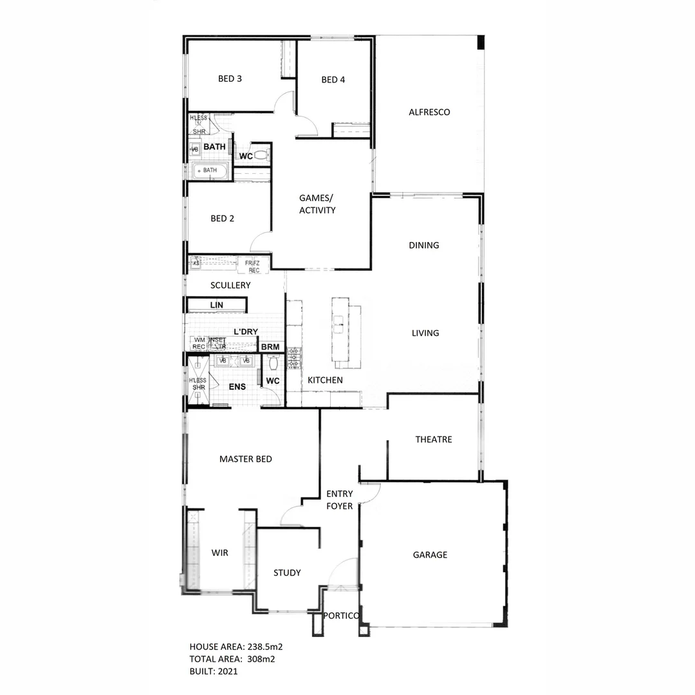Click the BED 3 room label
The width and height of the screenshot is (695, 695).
tap(230, 79)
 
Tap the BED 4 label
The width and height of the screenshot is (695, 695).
tap(333, 80)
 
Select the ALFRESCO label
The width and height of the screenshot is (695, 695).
tap(429, 112)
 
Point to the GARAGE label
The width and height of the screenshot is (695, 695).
tap(430, 555)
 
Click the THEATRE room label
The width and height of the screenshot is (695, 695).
tap(433, 440)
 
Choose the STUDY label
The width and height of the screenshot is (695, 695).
tap(287, 573)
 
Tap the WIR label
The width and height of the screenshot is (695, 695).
tap(219, 552)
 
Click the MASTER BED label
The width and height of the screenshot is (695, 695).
tap(245, 459)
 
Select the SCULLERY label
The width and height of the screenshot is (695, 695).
tap(230, 285)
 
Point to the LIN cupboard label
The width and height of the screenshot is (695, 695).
tap(216, 304)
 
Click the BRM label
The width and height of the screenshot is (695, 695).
tap(271, 347)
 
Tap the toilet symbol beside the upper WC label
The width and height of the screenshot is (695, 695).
tap(261, 155)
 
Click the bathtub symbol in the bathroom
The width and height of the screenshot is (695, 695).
tap(210, 171)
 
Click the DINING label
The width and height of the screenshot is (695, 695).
tap(424, 245)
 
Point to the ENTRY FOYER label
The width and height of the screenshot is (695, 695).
tap(339, 500)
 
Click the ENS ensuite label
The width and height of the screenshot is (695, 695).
tap(237, 387)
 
